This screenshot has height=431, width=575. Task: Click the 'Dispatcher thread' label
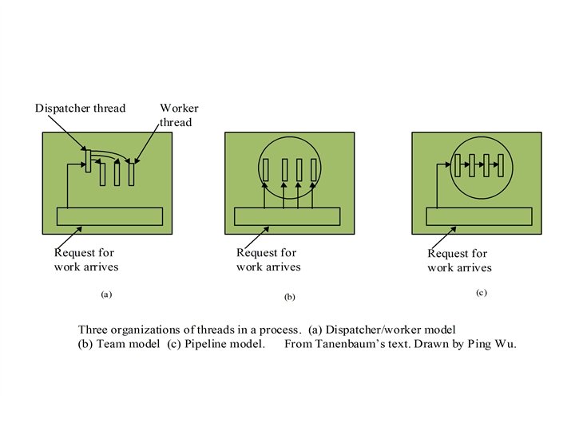coord(80,109)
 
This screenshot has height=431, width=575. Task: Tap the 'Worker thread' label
coord(179,115)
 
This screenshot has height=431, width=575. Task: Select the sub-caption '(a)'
coord(106,295)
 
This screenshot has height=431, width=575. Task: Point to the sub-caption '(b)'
coord(290,297)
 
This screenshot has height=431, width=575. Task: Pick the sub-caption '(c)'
coord(481,293)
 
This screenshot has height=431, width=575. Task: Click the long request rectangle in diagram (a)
coord(109,216)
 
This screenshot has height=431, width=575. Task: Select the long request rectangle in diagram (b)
coord(287,216)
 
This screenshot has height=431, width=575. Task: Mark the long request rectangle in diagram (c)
coord(478,216)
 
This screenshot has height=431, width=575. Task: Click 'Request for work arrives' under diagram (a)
coord(85,259)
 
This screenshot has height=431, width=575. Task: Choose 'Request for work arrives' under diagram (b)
coord(268,259)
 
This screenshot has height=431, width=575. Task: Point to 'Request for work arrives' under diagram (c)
coord(459,260)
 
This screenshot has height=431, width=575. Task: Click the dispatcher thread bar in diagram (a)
coord(88,160)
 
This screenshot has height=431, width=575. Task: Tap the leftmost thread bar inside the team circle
coord(268,169)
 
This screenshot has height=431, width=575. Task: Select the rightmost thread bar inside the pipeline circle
coord(499,165)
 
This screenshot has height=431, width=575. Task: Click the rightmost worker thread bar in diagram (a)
coord(132,172)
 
